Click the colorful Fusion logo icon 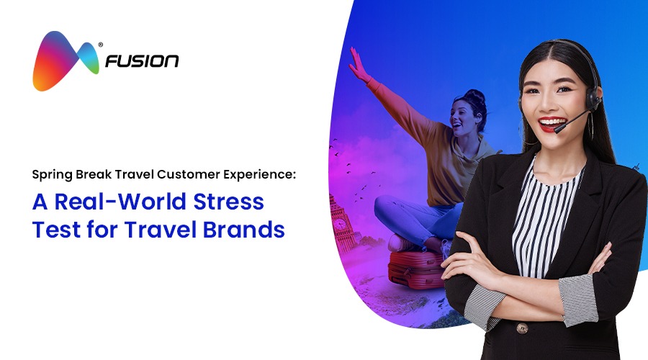[66, 60]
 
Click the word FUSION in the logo [142, 61]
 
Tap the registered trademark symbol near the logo [100, 45]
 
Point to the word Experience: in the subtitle [260, 175]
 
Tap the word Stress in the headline [228, 202]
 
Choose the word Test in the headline [57, 230]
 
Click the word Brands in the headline [244, 230]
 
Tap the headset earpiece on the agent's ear [593, 97]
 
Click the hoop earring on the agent [590, 126]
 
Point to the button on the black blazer [522, 328]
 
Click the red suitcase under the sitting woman [415, 269]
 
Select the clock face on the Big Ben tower [339, 224]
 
